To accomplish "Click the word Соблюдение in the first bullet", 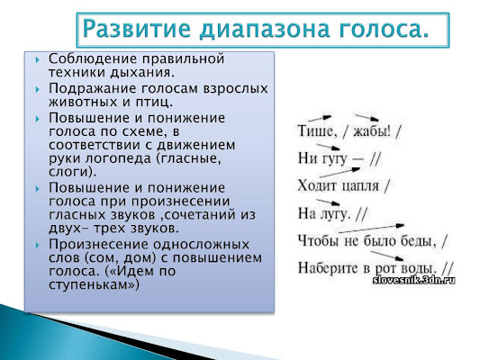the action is pos(90,58).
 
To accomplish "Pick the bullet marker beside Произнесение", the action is pos(38,246).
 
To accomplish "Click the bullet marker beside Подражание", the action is pos(38,90).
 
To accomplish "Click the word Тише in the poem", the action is pos(315,131).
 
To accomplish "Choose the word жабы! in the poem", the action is pos(372,131).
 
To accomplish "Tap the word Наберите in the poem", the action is pos(329,267).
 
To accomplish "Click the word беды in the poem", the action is pos(421,241).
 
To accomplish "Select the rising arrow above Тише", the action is pos(320,119).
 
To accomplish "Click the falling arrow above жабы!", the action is pos(367,118).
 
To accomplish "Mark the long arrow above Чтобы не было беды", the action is pos(372,229).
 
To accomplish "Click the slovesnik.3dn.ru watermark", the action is pos(414,280).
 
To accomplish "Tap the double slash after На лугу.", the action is pos(361,214).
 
